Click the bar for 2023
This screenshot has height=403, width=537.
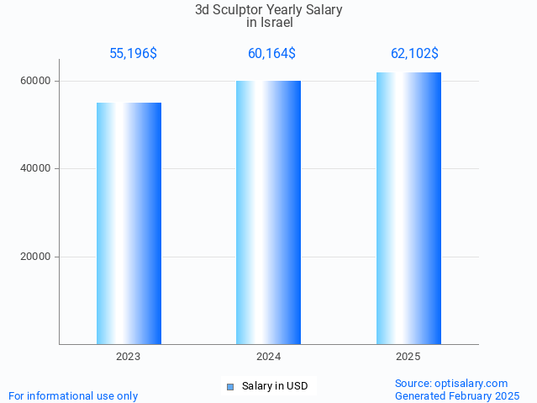tap(129, 223)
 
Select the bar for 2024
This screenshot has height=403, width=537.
tap(268, 212)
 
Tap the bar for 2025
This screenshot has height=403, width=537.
tap(408, 208)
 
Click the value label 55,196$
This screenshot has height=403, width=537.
tap(133, 54)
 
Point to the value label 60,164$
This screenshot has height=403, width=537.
tap(271, 54)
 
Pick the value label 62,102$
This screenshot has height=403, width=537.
tap(414, 54)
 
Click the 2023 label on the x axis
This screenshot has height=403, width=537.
tap(129, 357)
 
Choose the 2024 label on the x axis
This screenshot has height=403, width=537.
tap(268, 357)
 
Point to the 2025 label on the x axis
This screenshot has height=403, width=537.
tap(408, 357)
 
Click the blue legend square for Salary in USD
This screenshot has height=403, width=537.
tap(229, 387)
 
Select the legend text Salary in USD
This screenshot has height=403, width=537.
tap(275, 387)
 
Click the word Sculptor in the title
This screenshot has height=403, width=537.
tap(239, 10)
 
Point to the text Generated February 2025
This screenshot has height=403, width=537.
tap(457, 395)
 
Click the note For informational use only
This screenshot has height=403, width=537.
tap(73, 395)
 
